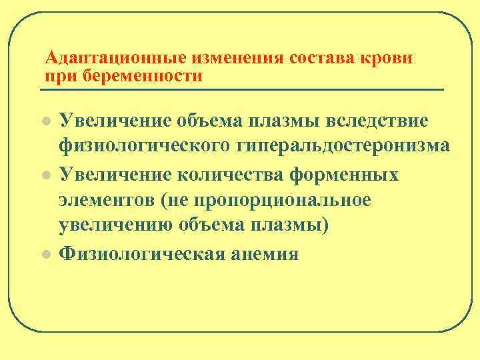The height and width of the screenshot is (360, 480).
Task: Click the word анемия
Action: pos(265,254)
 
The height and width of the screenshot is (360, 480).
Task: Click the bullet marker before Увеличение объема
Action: pos(45,122)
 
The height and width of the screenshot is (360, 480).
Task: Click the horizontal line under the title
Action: pos(243,89)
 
